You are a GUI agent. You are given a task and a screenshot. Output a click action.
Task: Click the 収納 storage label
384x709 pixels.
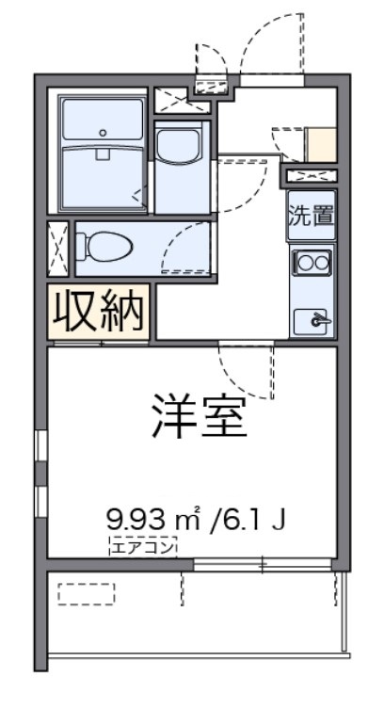[x=99, y=311]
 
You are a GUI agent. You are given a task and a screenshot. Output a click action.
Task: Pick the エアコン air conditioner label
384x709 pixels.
[x=141, y=545]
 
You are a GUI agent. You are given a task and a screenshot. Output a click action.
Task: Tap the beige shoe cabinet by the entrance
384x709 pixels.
[x=321, y=143]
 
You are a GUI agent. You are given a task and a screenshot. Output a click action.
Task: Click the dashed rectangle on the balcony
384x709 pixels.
[x=86, y=593]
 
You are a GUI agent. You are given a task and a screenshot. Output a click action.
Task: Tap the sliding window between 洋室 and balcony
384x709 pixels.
[x=263, y=564]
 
